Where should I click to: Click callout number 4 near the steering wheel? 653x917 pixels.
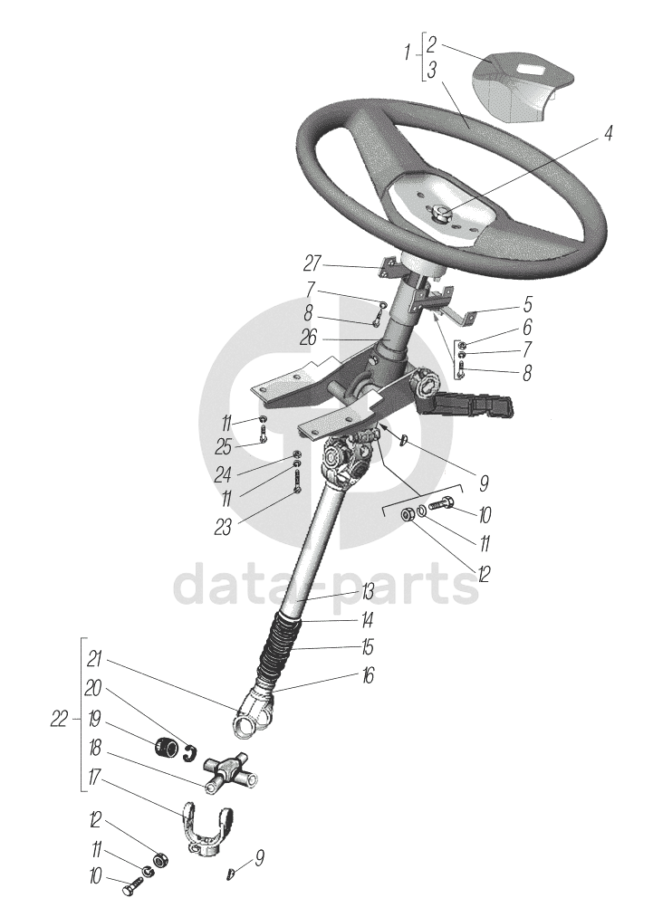point(608,134)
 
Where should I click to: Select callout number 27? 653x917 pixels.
point(312,263)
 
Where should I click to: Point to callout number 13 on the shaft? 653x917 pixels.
point(367,592)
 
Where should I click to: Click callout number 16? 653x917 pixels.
point(367,676)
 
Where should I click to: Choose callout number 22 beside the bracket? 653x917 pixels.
point(59,720)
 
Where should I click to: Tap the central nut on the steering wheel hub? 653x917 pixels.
point(440,214)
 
